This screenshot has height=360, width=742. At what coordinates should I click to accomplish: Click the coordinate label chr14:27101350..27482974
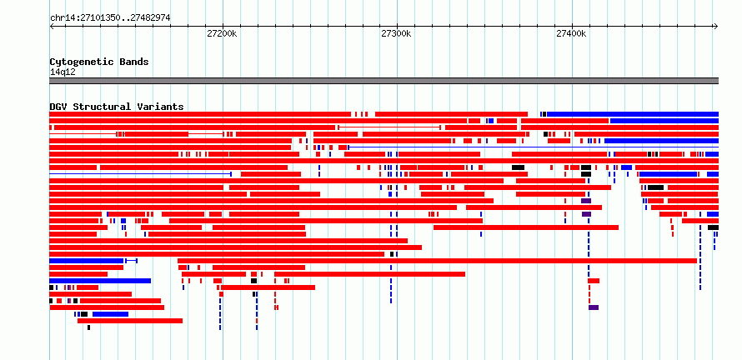tap(110, 18)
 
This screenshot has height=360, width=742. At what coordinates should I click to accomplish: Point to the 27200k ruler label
tap(222, 34)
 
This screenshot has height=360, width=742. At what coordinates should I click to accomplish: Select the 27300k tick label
tap(397, 34)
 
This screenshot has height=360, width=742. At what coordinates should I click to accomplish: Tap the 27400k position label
tap(571, 34)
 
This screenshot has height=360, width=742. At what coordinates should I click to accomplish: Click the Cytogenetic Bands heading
tap(99, 62)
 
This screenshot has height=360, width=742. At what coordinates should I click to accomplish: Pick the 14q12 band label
tap(63, 72)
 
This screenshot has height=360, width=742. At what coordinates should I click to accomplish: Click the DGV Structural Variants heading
tap(117, 107)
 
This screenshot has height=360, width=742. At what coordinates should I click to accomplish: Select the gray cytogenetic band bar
tap(384, 81)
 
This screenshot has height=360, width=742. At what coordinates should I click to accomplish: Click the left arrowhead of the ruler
tap(52, 27)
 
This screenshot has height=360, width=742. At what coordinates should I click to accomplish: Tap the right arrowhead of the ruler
tap(716, 27)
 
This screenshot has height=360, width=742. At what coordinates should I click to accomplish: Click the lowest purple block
tap(594, 307)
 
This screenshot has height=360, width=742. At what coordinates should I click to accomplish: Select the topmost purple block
tap(586, 201)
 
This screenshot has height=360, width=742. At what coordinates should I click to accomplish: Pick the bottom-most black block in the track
tap(88, 327)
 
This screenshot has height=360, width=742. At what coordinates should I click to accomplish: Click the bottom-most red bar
tap(130, 321)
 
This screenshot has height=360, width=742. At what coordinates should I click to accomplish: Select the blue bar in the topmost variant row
tap(633, 114)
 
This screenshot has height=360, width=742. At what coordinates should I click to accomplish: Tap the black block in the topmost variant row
tap(544, 114)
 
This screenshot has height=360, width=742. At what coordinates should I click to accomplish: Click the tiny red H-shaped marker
tap(276, 307)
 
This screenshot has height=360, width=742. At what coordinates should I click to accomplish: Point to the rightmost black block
tap(713, 227)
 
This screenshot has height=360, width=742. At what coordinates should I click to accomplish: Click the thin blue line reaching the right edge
tap(533, 147)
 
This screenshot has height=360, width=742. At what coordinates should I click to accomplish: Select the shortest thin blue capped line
tap(131, 261)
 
